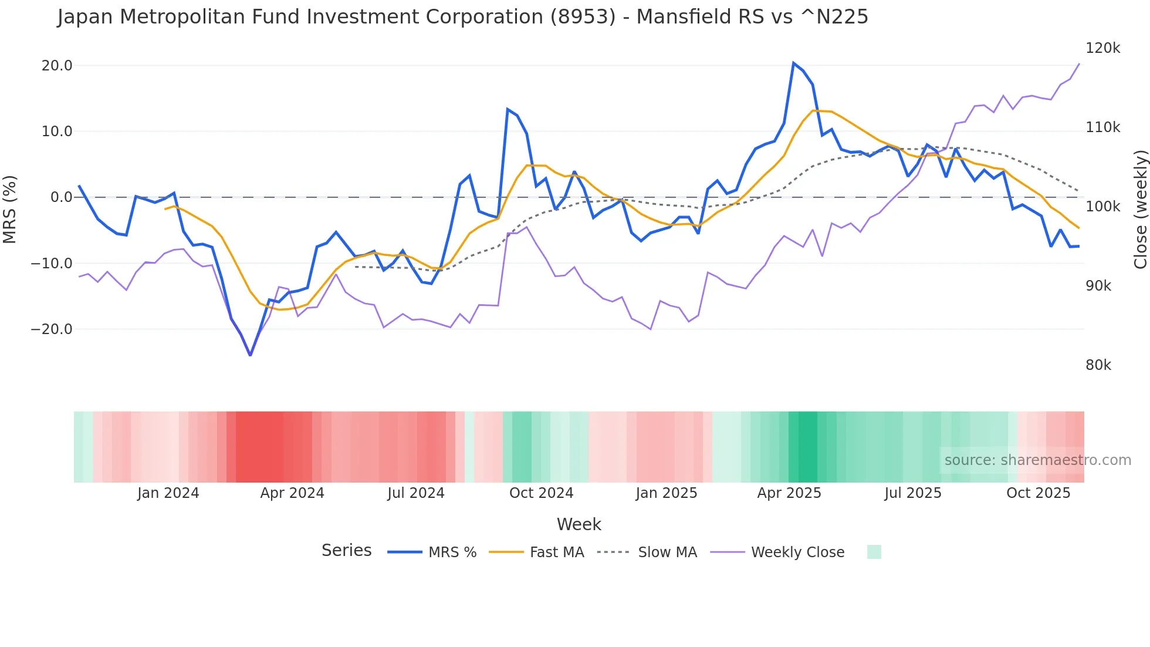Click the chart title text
click(x=462, y=16)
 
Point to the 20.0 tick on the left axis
click(x=57, y=66)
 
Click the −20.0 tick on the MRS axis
click(x=52, y=329)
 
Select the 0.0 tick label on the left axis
click(x=62, y=197)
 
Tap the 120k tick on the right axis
click(x=1102, y=48)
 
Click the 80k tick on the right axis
click(x=1098, y=365)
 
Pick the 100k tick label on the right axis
click(x=1102, y=207)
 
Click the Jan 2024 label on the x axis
click(x=168, y=493)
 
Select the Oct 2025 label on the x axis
click(x=1038, y=493)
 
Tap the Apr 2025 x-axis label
click(x=789, y=493)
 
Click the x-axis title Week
click(x=579, y=524)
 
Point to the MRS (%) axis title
click(x=10, y=209)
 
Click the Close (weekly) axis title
click(x=1140, y=210)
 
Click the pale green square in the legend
click(x=874, y=552)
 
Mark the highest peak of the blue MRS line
click(x=793, y=63)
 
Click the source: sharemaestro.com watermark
click(x=1037, y=460)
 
